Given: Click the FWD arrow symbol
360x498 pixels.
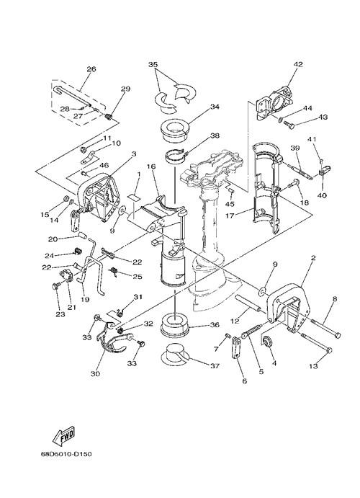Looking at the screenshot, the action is coord(63,436).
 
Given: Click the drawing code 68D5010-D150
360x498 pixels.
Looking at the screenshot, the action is coord(66,454).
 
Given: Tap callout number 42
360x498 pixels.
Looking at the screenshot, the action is coord(298,64).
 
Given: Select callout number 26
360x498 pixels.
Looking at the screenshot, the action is coord(91,69).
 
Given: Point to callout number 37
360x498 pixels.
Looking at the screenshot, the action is coord(215,366).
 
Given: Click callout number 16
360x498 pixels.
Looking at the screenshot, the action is coord(151,166).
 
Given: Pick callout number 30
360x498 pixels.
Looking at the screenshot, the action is coord(95,374).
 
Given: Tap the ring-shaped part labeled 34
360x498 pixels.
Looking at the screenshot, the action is coord(174,130).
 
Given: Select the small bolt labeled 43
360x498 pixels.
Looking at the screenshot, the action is coord(289,125).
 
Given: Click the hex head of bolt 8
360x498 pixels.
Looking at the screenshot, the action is coord(338,335).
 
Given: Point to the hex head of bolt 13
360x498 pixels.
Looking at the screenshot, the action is coord(329,350).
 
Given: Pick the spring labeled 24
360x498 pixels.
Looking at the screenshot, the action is coord(78,252).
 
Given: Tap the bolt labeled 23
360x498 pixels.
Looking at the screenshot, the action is coord(56,287).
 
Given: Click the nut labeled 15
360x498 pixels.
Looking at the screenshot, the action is coord(66,198).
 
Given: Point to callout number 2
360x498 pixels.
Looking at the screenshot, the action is coord(313,258).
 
